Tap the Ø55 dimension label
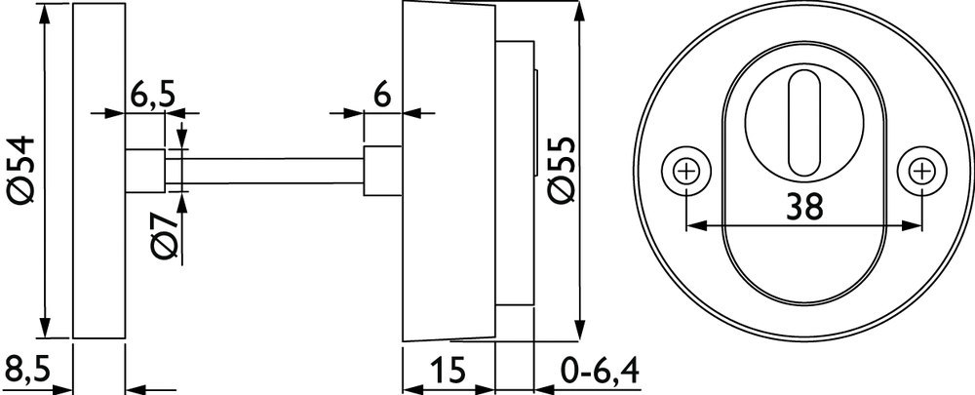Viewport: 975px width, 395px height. pos(563,170)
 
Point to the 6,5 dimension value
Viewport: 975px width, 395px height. pos(153,97)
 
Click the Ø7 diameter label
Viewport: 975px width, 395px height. pos(166,236)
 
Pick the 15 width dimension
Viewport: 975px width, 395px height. pos(448,371)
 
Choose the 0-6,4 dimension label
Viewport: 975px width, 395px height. pos(599,372)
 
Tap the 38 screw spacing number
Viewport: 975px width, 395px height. pos(804,206)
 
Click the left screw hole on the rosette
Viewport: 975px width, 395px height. pos(685,171)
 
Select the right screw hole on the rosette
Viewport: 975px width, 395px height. pos(921,171)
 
